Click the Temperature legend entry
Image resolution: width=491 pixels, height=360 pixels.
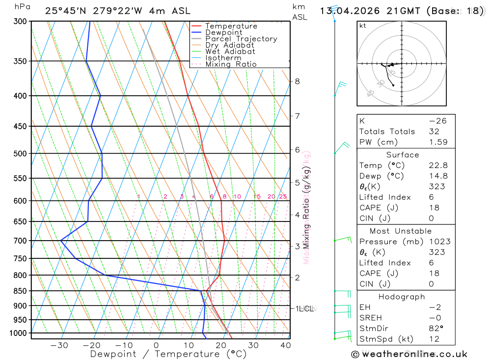[x=231, y=26]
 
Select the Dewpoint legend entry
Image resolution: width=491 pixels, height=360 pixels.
[x=223, y=32]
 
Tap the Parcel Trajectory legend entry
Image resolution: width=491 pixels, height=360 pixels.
[x=241, y=39]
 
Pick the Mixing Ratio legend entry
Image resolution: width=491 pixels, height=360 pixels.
[x=231, y=64]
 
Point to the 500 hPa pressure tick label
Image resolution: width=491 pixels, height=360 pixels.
[x=20, y=153]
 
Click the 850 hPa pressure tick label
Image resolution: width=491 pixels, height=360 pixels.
[x=20, y=291]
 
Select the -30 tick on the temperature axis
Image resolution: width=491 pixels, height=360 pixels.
[x=59, y=345]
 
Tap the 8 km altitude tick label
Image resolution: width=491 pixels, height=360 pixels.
[x=297, y=81]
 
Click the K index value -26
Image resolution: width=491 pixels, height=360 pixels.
[x=438, y=121]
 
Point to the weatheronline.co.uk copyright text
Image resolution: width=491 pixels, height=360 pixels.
[x=409, y=354]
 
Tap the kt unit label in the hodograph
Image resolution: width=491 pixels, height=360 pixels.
[x=363, y=26]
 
